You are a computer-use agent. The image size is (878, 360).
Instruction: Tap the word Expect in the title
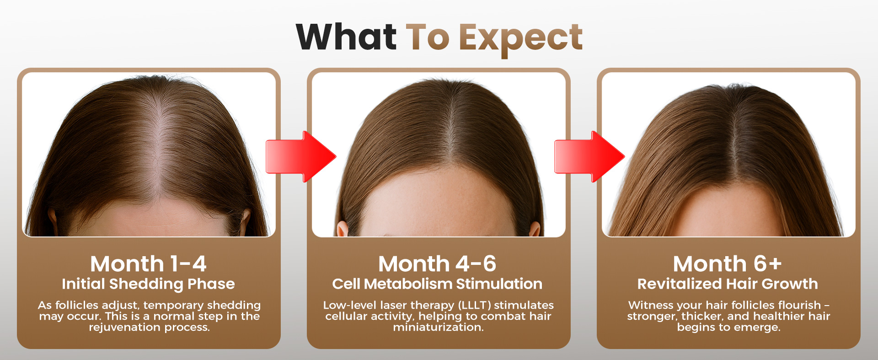click(x=521, y=39)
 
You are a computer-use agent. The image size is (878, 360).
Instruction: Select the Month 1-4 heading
click(x=149, y=263)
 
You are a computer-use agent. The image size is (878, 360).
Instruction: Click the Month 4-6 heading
click(x=438, y=263)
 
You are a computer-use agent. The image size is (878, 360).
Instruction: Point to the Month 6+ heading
click(x=728, y=263)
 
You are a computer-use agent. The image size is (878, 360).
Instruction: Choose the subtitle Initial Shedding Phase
click(x=149, y=284)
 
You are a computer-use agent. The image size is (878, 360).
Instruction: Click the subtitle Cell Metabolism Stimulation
click(x=438, y=284)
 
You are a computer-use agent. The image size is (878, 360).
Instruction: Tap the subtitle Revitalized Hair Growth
click(x=728, y=284)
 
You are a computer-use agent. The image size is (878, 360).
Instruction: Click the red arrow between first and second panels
click(x=301, y=157)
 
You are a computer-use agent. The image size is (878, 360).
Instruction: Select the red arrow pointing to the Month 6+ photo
click(x=589, y=157)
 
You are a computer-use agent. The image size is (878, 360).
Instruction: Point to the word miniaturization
click(x=438, y=327)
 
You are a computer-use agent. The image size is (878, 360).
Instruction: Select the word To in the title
click(x=428, y=37)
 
